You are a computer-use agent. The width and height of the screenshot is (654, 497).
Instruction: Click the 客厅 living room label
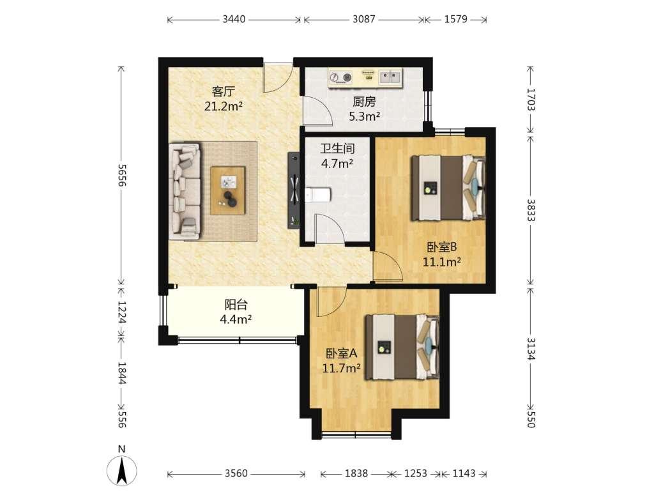coord(224,91)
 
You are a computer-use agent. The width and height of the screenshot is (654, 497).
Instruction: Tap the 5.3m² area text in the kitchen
coord(364,116)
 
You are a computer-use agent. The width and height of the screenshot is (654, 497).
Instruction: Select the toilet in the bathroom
coord(318,194)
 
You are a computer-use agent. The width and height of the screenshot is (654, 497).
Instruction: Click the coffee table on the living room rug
coord(228,190)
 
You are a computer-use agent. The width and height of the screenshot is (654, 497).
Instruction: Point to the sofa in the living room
coord(185,192)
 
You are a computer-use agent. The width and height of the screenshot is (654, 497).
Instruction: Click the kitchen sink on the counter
coord(391,77)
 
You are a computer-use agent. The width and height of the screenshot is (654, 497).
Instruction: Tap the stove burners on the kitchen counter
coord(340,78)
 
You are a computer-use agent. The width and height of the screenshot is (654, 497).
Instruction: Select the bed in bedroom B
coord(448,187)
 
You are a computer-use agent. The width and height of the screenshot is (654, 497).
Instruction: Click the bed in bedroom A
coord(402,347)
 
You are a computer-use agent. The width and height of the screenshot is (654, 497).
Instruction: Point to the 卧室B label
coord(442,247)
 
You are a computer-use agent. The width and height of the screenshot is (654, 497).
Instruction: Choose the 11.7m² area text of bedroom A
coord(341,369)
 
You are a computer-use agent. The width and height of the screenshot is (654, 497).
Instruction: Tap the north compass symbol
coord(121,468)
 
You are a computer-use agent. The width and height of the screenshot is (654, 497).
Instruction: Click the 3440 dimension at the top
coord(234,19)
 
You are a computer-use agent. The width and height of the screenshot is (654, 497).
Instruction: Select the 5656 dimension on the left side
coord(121,175)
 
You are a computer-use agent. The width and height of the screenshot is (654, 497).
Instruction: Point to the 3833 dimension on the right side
coord(531,210)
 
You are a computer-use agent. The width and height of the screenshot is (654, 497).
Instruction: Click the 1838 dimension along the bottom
coord(356,473)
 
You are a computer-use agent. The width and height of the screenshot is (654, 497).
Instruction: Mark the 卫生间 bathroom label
coord(337,149)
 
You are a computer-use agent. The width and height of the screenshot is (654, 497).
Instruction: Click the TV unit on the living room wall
coord(294,190)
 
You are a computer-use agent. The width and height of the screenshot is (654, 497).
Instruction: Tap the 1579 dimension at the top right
coord(456,19)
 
